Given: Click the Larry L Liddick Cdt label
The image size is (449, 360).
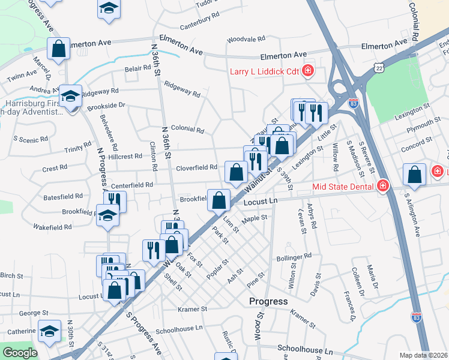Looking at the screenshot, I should tap(265, 71).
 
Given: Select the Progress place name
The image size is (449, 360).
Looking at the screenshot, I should tap(268, 301).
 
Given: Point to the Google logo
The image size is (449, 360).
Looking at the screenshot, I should tap(20, 353).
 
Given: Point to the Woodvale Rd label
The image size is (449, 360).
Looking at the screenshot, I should tap(246, 40).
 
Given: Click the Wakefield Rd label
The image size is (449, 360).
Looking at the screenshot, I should tap(52, 227).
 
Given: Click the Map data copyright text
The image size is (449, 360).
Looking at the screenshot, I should tap(423, 355).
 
